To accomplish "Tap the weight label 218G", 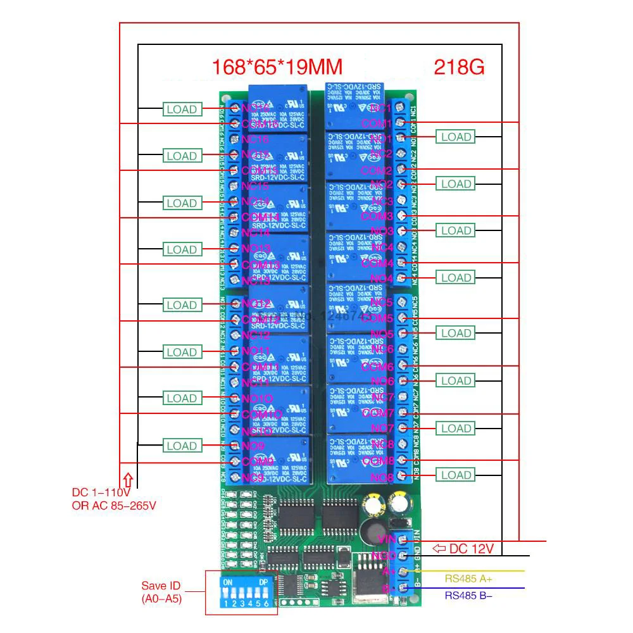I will tap(459, 67).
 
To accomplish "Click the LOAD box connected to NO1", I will tap(456, 137).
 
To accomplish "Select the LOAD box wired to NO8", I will tap(456, 475).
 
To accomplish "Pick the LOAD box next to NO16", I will tap(182, 110).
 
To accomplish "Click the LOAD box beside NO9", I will tap(182, 446).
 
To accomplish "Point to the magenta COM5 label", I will tap(377, 318).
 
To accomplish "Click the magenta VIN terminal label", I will tap(386, 539).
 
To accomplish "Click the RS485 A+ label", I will tap(468, 578).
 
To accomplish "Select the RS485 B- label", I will tap(468, 594).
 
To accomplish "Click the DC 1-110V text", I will tap(101, 492).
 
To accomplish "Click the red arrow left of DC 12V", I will tap(438, 548).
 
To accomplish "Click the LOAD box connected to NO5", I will tap(456, 333).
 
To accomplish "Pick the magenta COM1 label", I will tap(377, 123).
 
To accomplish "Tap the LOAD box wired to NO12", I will tap(182, 305).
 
